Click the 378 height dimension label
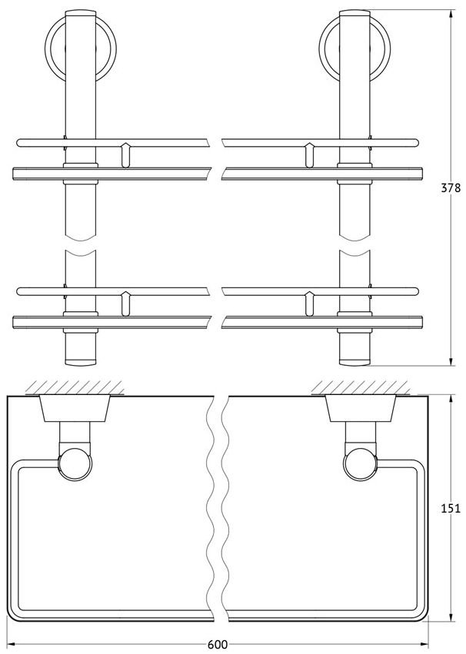click(451, 188)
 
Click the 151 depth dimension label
click(451, 509)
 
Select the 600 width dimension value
click(218, 645)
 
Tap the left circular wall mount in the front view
click(81, 50)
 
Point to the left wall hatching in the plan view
click(75, 387)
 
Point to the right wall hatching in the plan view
click(361, 387)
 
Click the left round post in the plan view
click(75, 465)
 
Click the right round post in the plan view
click(361, 465)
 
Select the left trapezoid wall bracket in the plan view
click(75, 408)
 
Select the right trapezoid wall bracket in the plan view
click(361, 408)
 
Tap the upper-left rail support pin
click(125, 155)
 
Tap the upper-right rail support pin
click(310, 155)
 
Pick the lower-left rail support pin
click(125, 304)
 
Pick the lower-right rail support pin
click(310, 304)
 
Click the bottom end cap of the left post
click(81, 362)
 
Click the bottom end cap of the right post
click(354, 362)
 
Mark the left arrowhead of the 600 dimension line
click(12, 645)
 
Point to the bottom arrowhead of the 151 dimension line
click(451, 617)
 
